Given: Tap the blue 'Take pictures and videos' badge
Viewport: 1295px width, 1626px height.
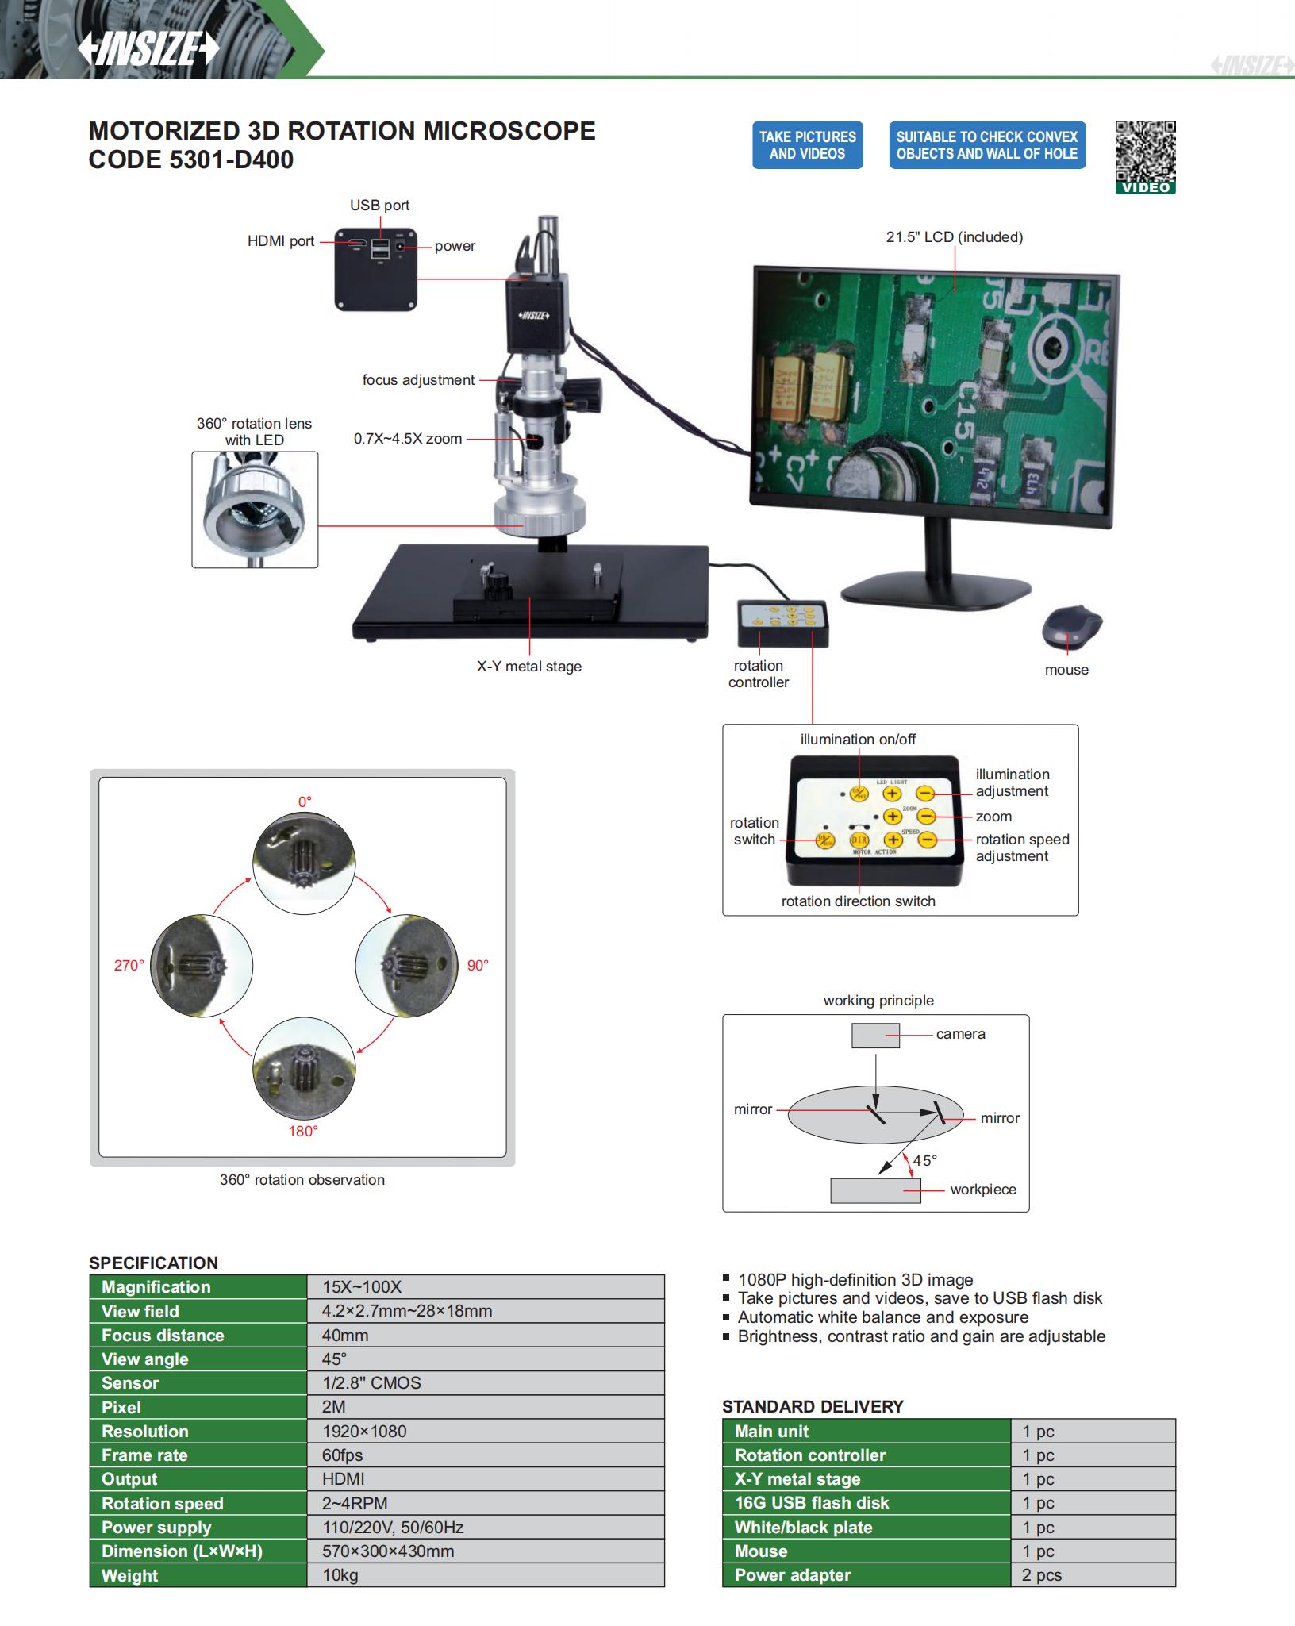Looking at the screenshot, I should (807, 145).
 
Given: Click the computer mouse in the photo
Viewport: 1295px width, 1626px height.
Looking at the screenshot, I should (1070, 626).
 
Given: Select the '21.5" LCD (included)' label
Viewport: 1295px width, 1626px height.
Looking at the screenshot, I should (954, 236).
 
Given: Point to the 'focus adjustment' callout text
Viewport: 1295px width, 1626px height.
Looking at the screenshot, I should (418, 380).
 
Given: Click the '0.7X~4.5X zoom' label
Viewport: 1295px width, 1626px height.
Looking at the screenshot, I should (407, 439).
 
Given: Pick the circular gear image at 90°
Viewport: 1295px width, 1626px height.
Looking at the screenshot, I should (405, 966).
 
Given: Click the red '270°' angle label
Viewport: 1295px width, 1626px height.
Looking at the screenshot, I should (129, 965).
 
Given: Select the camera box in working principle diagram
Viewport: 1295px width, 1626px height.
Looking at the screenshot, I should (875, 1036).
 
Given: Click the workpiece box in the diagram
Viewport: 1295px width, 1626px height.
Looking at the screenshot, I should (875, 1190).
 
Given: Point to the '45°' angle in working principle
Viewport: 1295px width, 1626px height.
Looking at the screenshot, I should (924, 1160).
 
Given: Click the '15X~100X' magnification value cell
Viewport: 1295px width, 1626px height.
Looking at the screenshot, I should (362, 1287).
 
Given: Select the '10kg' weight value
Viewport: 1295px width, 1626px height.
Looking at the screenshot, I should (340, 1575).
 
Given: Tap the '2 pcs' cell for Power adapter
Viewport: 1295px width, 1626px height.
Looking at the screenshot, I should (1042, 1574).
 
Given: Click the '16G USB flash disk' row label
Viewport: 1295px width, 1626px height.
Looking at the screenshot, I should (812, 1502).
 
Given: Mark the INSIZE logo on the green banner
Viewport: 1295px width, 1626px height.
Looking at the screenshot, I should (148, 49).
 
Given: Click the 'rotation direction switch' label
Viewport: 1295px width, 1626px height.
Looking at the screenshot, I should (858, 901).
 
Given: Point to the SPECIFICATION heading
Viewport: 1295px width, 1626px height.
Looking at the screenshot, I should (153, 1263).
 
